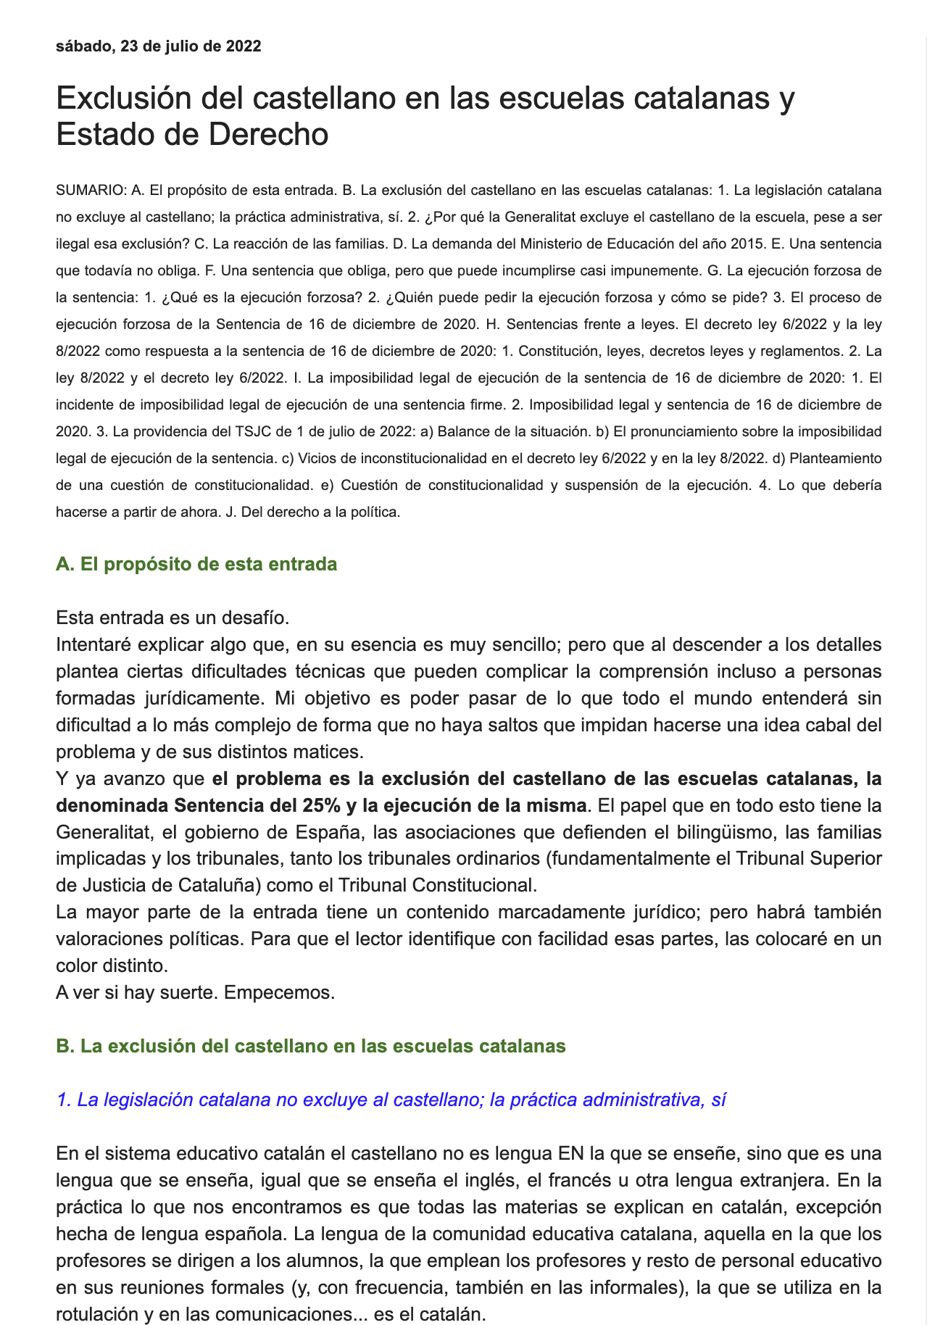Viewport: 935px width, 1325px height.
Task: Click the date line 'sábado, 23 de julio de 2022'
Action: coord(158,46)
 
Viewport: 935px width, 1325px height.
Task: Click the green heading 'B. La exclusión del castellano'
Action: coord(310,1046)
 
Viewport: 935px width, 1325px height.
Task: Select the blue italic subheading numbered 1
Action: coord(391,1100)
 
